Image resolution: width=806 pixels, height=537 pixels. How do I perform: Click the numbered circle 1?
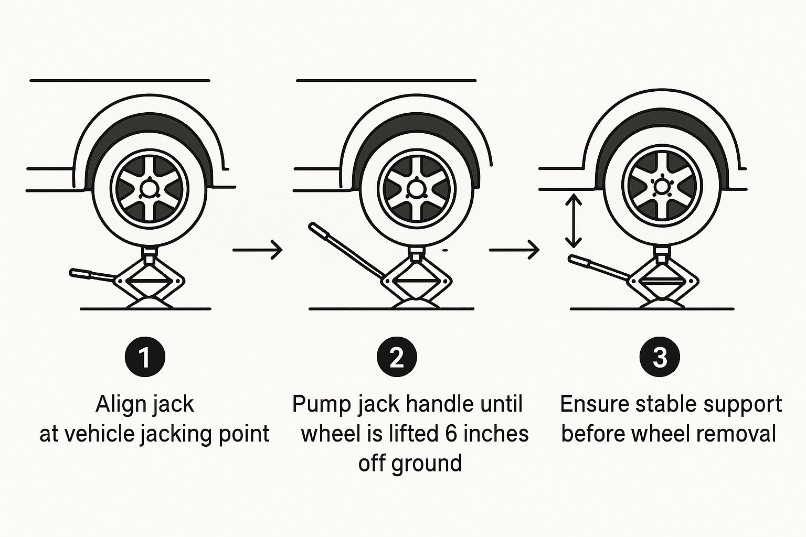[145, 357]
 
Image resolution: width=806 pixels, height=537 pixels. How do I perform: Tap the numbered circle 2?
[397, 357]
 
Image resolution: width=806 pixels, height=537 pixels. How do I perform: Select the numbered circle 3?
[660, 357]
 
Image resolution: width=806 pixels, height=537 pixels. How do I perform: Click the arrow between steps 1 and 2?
[258, 250]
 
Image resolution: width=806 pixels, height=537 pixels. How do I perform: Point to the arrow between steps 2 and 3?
[514, 250]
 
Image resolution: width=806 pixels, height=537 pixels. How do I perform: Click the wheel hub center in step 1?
[149, 188]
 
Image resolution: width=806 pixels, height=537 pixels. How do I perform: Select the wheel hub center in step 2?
[416, 188]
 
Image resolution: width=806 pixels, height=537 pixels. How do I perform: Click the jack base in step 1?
[150, 303]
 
